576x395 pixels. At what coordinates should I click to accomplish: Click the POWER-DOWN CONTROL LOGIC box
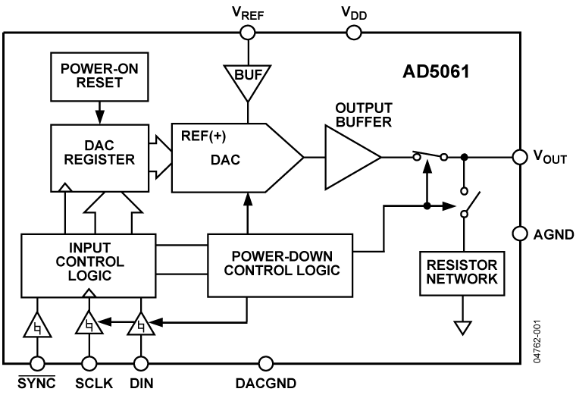(x=280, y=264)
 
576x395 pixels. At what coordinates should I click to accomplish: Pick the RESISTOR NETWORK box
(x=462, y=272)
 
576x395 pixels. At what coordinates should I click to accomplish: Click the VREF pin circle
(x=247, y=32)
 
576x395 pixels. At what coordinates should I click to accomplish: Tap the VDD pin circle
(x=353, y=32)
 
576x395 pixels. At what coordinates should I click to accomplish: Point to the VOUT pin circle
(x=520, y=157)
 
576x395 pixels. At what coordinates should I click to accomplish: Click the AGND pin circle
(x=520, y=234)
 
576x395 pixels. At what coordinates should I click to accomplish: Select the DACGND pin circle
(x=265, y=362)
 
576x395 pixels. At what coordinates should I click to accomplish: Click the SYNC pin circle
(x=36, y=362)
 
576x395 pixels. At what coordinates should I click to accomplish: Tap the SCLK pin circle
(x=89, y=362)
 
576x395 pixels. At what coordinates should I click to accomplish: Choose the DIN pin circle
(x=140, y=362)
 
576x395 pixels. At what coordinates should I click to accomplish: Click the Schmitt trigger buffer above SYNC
(x=36, y=327)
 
